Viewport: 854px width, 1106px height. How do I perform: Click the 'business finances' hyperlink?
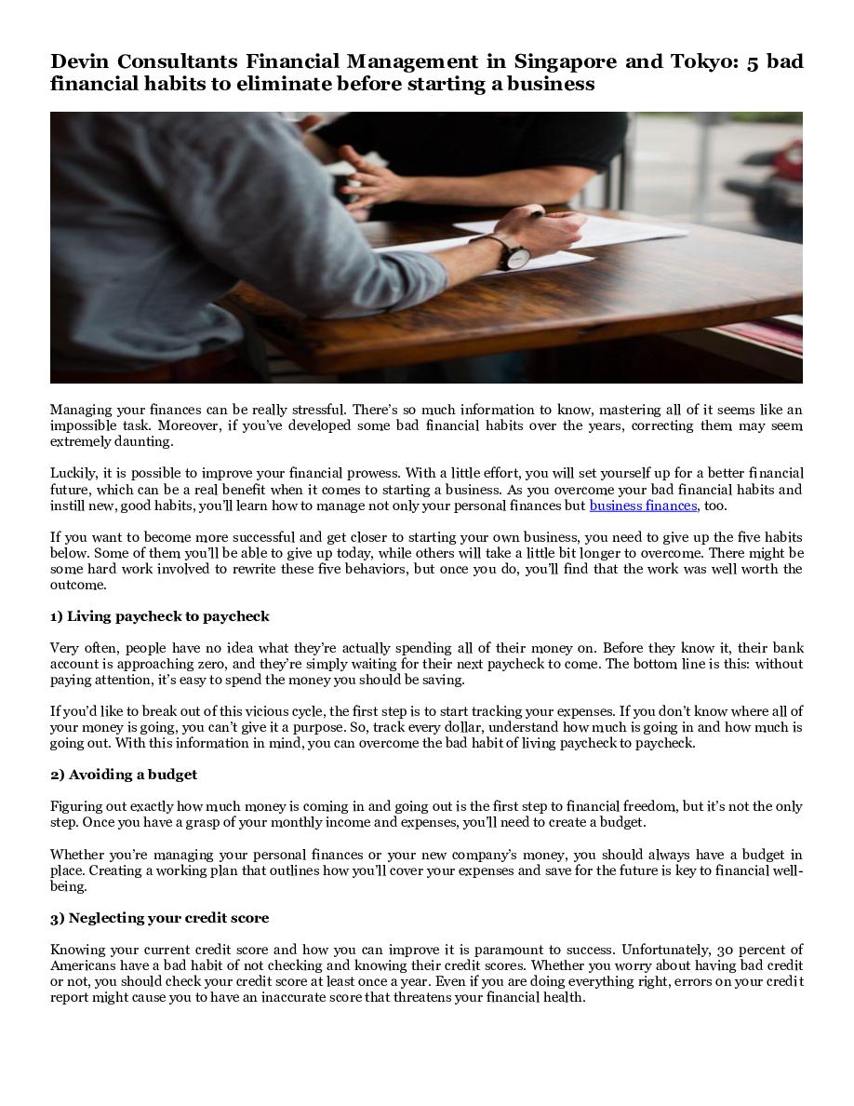pyautogui.click(x=643, y=506)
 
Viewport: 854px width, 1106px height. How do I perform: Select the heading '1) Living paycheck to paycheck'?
pyautogui.click(x=159, y=616)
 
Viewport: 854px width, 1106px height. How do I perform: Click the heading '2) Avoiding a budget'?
pyautogui.click(x=123, y=775)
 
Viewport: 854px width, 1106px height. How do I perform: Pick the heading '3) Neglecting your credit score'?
pyautogui.click(x=159, y=918)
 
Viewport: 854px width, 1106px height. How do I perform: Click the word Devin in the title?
pyautogui.click(x=79, y=62)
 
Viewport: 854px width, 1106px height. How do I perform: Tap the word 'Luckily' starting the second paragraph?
pyautogui.click(x=73, y=474)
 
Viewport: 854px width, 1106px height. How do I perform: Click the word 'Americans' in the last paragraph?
pyautogui.click(x=82, y=965)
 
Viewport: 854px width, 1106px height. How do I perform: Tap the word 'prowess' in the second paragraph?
pyautogui.click(x=367, y=474)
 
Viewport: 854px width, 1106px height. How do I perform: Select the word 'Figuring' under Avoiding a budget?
pyautogui.click(x=74, y=806)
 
